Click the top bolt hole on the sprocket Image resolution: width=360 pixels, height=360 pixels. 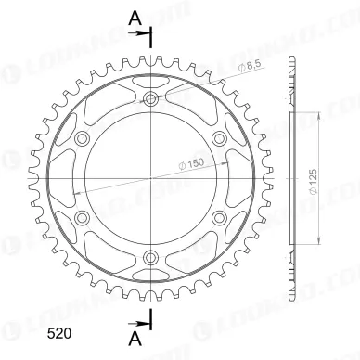pos(150,99)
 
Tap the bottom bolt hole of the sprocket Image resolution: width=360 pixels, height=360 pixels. pos(150,256)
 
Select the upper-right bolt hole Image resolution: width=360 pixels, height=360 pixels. pos(219,138)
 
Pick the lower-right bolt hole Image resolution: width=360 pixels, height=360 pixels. pos(219,217)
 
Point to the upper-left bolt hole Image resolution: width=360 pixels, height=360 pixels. pos(82,138)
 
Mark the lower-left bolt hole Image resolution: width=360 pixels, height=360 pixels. pos(82,217)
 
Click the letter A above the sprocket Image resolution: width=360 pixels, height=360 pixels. pos(135,16)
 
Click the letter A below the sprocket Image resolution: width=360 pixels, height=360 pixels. pos(135,339)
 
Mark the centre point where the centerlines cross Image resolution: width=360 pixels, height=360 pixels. pos(150,178)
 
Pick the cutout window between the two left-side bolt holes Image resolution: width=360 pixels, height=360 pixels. pos(71,178)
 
